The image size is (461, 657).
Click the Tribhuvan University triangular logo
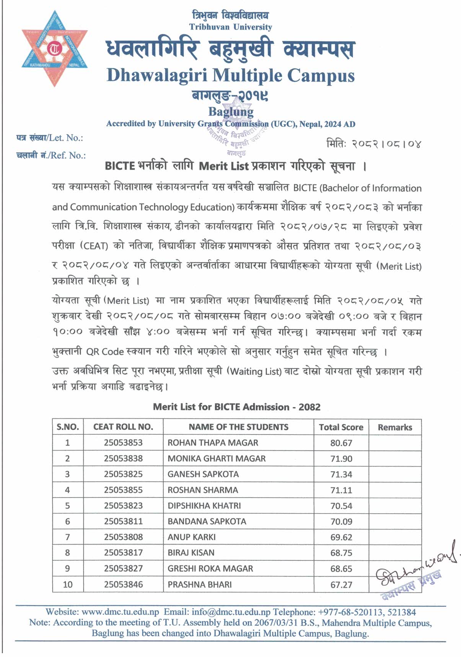[x=55, y=48]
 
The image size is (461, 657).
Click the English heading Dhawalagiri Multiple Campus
[x=230, y=75]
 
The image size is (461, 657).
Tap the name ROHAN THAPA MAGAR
[x=213, y=442]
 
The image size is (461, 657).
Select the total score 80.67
[x=341, y=443]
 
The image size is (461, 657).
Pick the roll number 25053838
[x=123, y=458]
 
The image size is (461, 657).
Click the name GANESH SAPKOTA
[x=203, y=474]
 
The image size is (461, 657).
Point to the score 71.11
[x=341, y=490]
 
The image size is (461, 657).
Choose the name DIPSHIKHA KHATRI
[x=204, y=506]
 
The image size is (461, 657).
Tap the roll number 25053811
[x=123, y=521]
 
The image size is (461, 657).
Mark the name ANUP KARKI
[x=191, y=537]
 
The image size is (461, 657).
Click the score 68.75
[x=341, y=553]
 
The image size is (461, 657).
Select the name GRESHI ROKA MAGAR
[x=210, y=568]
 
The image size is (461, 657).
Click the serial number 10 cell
[x=68, y=584]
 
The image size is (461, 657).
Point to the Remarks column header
[x=395, y=427]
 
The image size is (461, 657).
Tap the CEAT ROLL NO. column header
[x=123, y=427]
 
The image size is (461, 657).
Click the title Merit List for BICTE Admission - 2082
[x=236, y=407]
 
